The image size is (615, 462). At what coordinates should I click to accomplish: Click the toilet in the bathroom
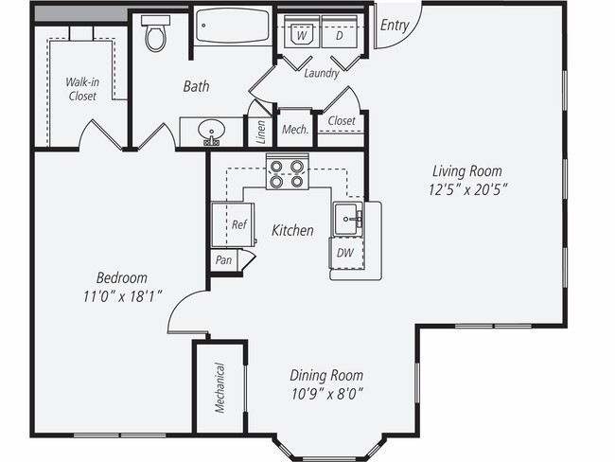155,36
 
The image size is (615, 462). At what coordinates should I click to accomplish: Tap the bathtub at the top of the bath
233,27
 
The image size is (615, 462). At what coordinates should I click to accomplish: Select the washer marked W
302,34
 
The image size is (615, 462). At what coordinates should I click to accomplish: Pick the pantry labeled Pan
224,259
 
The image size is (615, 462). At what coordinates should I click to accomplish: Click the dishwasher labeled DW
346,253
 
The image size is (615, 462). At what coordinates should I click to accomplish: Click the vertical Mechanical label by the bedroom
220,388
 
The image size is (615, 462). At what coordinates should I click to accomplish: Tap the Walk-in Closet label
82,88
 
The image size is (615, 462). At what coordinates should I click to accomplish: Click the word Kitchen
292,230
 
